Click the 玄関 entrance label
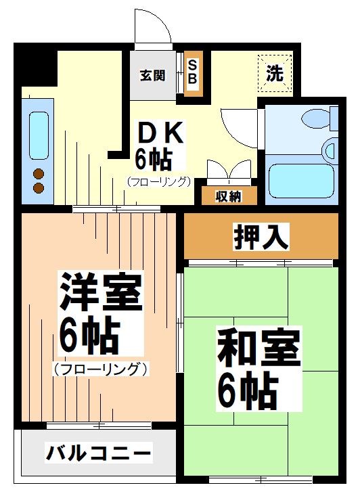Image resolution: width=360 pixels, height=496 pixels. click(153, 75)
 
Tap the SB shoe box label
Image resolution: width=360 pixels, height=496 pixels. click(192, 72)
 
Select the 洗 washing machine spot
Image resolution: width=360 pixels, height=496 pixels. click(274, 74)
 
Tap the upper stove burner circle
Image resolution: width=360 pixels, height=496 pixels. click(39, 173)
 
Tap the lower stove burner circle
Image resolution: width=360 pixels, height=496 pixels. click(39, 187)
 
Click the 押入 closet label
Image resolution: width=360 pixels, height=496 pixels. click(261, 237)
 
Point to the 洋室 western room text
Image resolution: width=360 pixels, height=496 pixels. click(99, 291)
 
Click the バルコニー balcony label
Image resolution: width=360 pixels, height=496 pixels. click(99, 452)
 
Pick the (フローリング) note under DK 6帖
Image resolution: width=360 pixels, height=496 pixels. click(158, 181)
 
